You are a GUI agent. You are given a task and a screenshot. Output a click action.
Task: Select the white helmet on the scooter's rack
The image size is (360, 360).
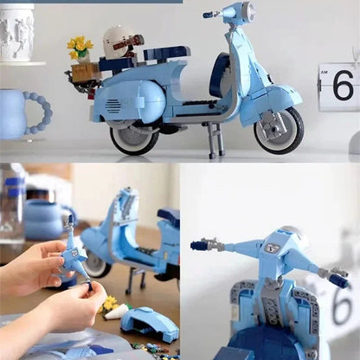pyautogui.click(x=116, y=40)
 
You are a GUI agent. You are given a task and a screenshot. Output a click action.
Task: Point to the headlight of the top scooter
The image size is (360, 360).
pyautogui.click(x=247, y=11)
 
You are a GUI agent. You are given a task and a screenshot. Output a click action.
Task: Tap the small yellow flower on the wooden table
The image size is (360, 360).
pyautogui.click(x=110, y=304)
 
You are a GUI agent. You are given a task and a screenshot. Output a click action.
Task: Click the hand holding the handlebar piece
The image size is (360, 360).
pyautogui.click(x=35, y=269)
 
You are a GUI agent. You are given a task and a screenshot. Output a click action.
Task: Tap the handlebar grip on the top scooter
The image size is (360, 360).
pyautogui.click(x=209, y=15)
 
